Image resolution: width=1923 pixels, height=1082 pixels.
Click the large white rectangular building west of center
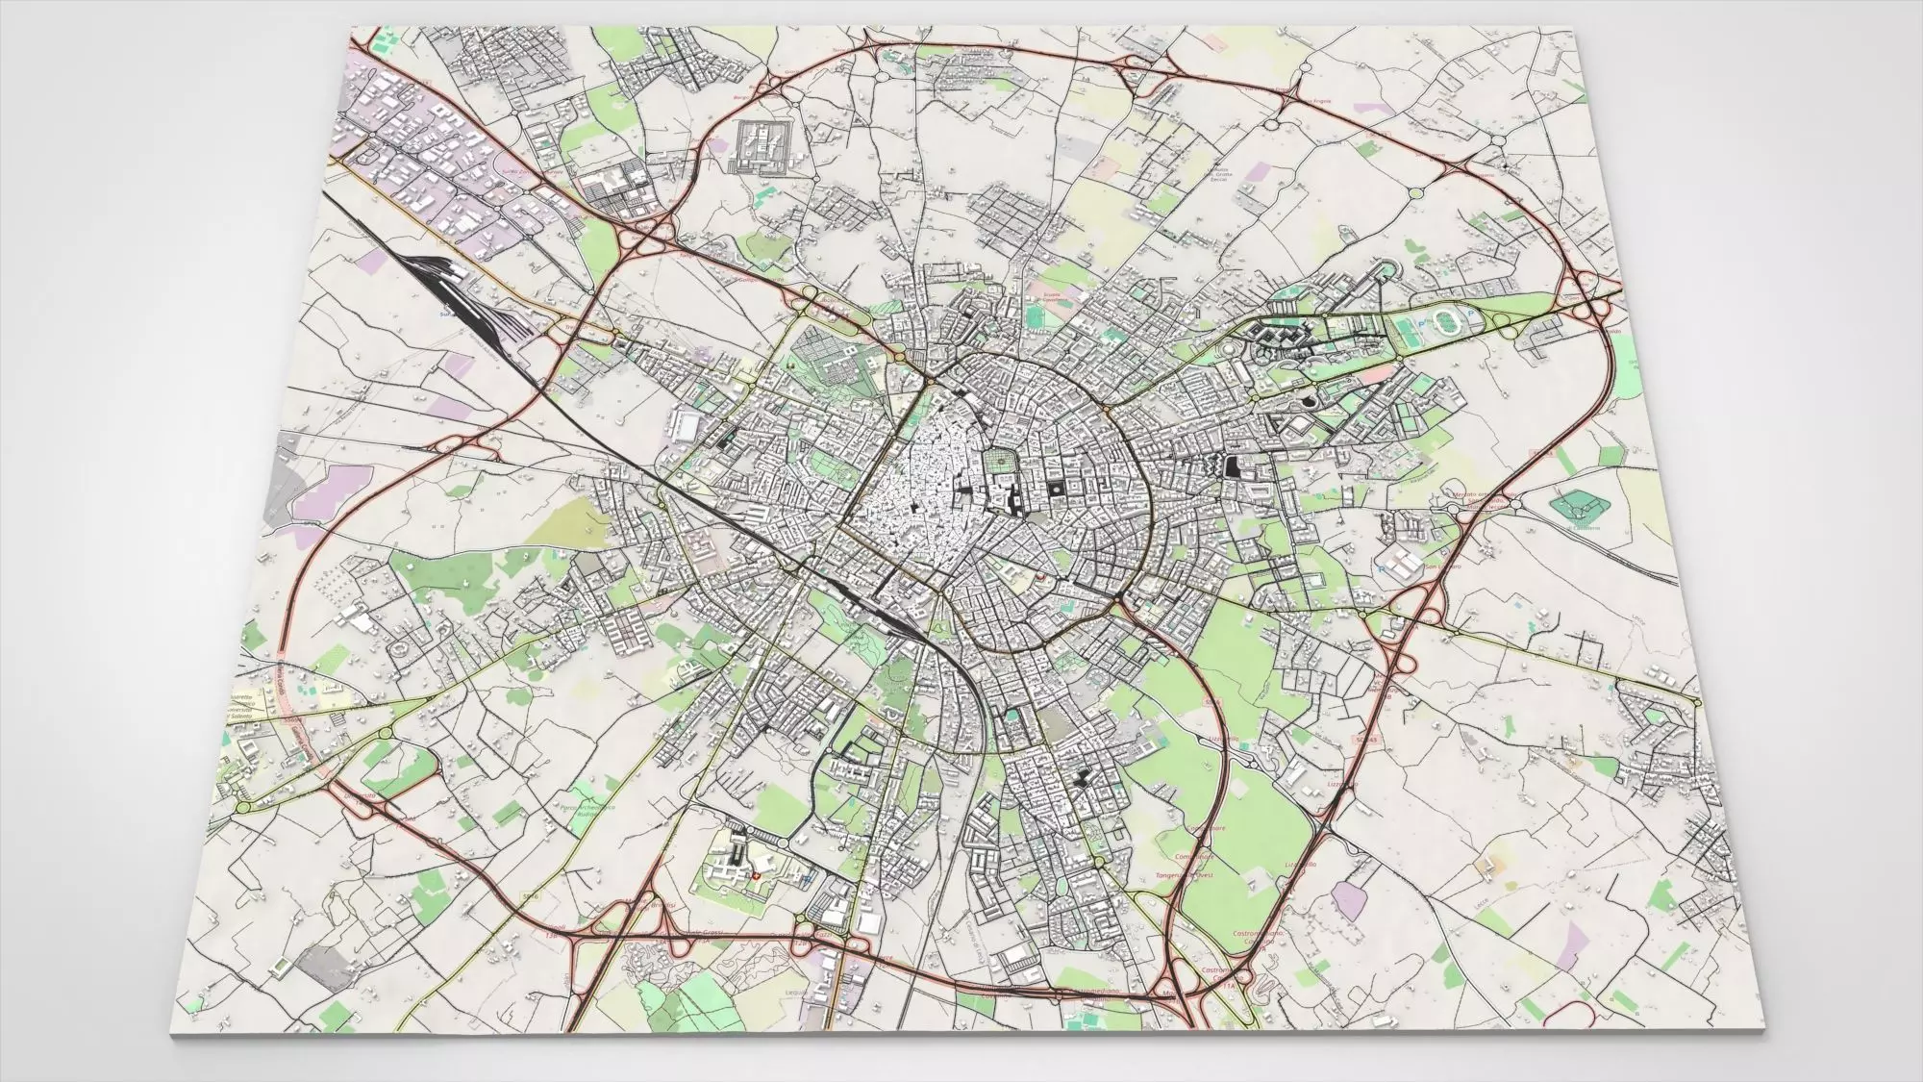(688, 423)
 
